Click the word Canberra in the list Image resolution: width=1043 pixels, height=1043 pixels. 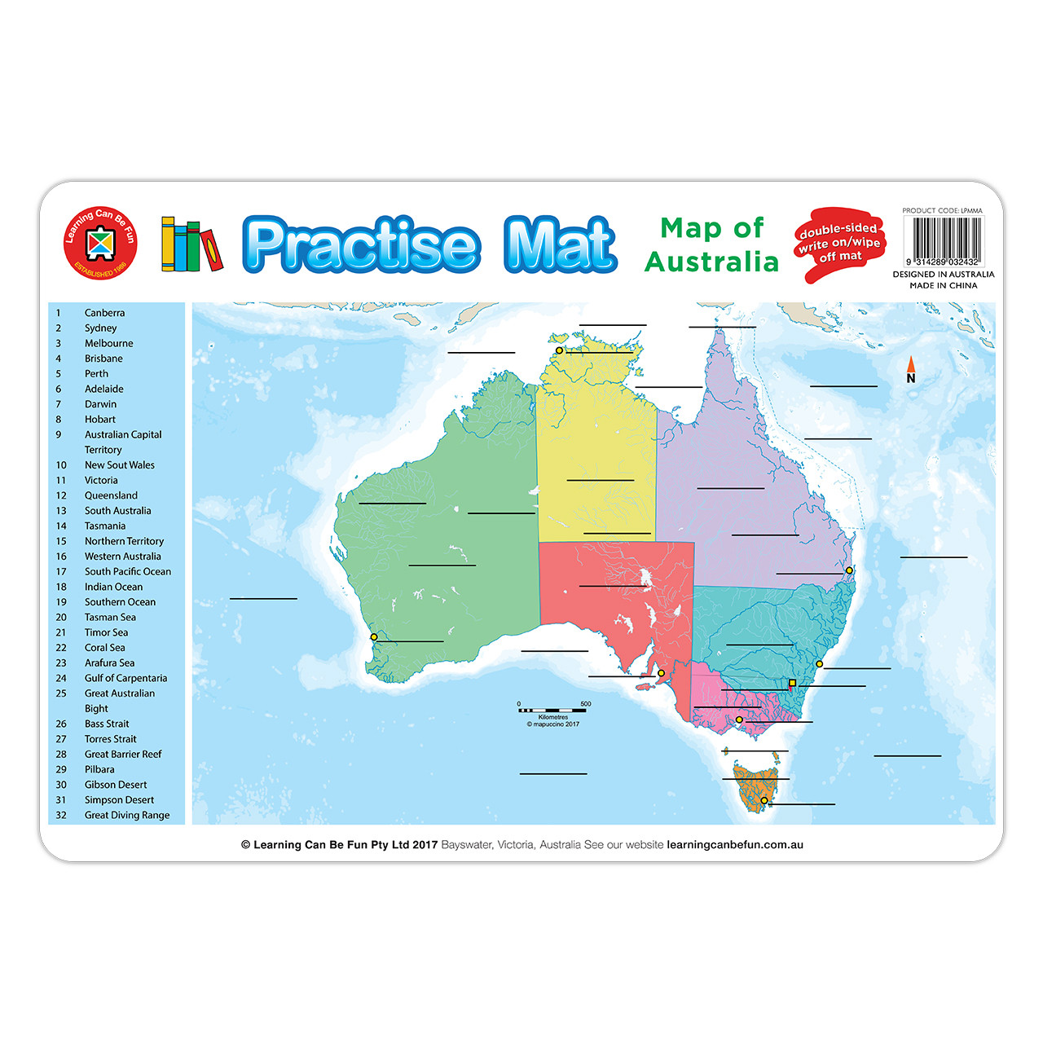tap(104, 313)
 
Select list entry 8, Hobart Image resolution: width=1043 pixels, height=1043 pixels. tap(99, 420)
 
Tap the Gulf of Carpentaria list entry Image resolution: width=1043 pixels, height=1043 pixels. tap(125, 678)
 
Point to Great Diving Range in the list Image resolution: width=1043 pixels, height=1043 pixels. tap(127, 815)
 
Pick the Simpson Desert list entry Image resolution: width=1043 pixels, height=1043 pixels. tap(119, 800)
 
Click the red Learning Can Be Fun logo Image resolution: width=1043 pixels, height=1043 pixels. tap(100, 243)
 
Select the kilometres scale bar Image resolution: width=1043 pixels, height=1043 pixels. tap(552, 711)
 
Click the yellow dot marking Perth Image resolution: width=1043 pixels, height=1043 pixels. tap(374, 636)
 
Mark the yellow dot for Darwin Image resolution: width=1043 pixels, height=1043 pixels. tap(559, 350)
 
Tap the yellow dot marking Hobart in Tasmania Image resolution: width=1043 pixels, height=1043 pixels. tap(764, 800)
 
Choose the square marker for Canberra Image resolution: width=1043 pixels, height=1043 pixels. tap(792, 683)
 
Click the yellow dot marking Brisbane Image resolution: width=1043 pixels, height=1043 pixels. tap(849, 570)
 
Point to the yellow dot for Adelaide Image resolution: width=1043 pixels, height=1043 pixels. tap(661, 673)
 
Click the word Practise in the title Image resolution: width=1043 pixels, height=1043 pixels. tap(360, 244)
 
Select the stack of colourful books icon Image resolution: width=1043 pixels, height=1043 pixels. tap(191, 244)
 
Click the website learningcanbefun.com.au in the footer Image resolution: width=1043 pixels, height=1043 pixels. tap(735, 845)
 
